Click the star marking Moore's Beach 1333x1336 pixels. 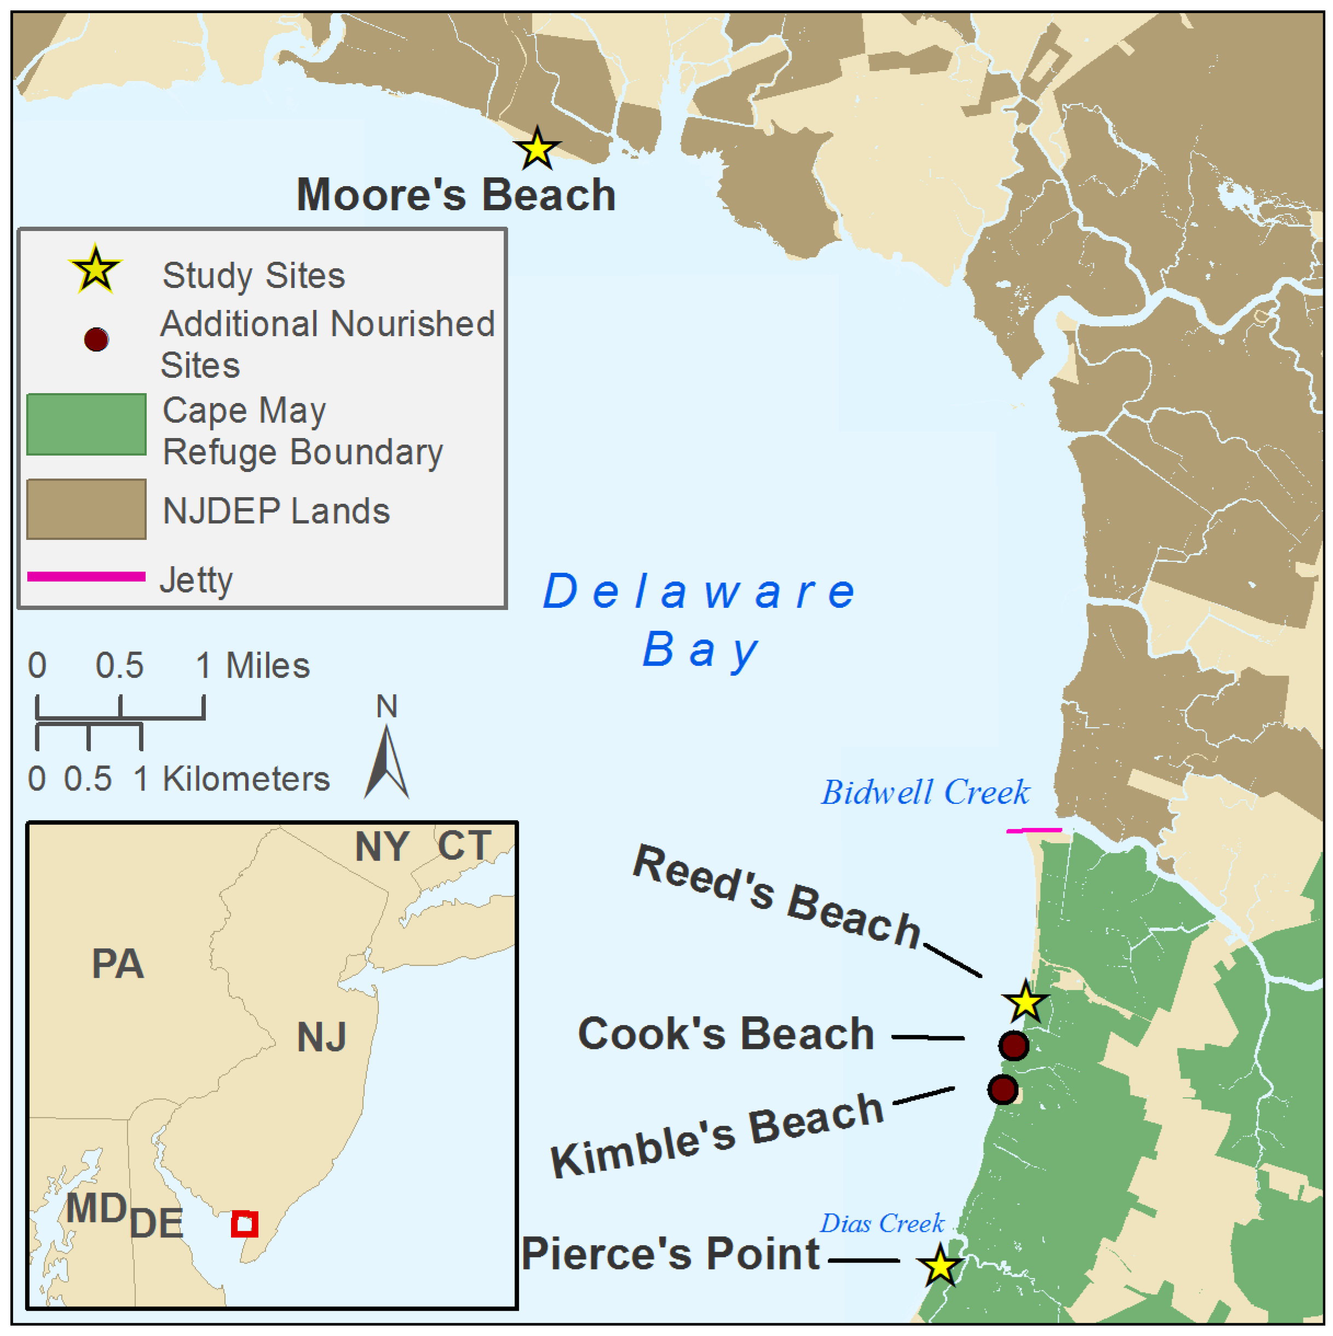click(536, 149)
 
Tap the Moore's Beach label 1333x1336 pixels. click(455, 194)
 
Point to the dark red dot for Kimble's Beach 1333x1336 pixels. click(1002, 1090)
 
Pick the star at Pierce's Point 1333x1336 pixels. click(940, 1265)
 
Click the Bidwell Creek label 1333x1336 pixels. click(925, 792)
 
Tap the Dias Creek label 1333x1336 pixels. click(881, 1223)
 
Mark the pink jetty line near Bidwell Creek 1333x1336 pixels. click(1034, 830)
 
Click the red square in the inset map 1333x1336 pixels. click(244, 1224)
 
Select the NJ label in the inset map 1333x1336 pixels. click(321, 1037)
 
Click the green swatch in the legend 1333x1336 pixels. click(86, 424)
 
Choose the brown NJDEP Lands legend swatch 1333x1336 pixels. click(86, 510)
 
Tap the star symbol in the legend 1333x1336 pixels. click(95, 270)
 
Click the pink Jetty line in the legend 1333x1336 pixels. click(86, 577)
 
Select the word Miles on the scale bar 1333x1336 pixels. click(268, 666)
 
